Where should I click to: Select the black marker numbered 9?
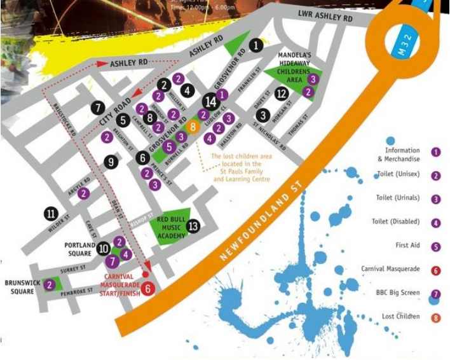[112, 162]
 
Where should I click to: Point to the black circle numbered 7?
[98, 108]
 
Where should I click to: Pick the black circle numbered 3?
[263, 115]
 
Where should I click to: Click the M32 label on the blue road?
[401, 49]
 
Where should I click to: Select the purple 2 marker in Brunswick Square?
[50, 285]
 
